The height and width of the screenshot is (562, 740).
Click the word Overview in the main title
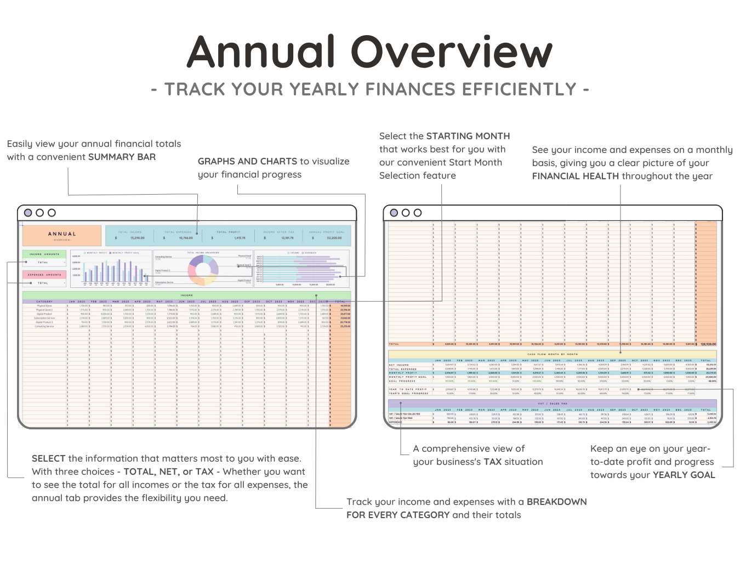pyautogui.click(x=451, y=52)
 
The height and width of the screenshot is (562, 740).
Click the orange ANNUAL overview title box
pyautogui.click(x=62, y=236)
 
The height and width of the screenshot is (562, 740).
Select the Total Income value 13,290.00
pyautogui.click(x=138, y=238)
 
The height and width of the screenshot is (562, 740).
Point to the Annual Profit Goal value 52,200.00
pyautogui.click(x=334, y=238)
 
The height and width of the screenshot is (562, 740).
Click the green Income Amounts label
pyautogui.click(x=44, y=254)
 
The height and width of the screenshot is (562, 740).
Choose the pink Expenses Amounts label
pyautogui.click(x=44, y=275)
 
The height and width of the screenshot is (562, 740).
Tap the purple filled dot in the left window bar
pyautogui.click(x=28, y=213)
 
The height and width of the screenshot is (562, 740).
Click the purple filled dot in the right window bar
pyautogui.click(x=394, y=213)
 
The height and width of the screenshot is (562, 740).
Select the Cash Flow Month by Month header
pyautogui.click(x=553, y=354)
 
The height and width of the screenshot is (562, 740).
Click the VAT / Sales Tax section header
pyautogui.click(x=553, y=404)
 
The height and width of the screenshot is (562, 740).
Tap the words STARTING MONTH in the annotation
pyautogui.click(x=468, y=136)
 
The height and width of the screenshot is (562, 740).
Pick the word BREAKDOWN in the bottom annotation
pyautogui.click(x=556, y=502)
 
